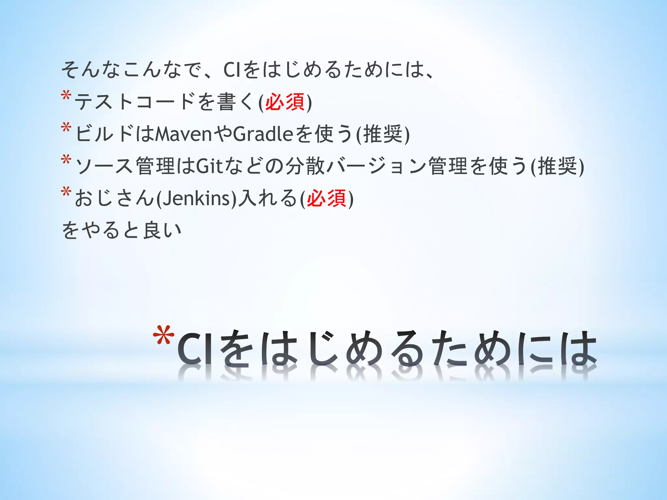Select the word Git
coord(209,166)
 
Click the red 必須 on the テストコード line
coord(285,102)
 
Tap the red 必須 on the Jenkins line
coord(327,198)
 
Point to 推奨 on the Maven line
coord(383,134)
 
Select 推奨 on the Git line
coord(557,166)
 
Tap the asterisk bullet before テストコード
coord(66,97)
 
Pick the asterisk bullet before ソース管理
coord(66,160)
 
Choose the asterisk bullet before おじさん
coord(66,192)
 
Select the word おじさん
coord(114,198)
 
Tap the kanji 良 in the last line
coord(152,230)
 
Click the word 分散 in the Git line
coord(305,166)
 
